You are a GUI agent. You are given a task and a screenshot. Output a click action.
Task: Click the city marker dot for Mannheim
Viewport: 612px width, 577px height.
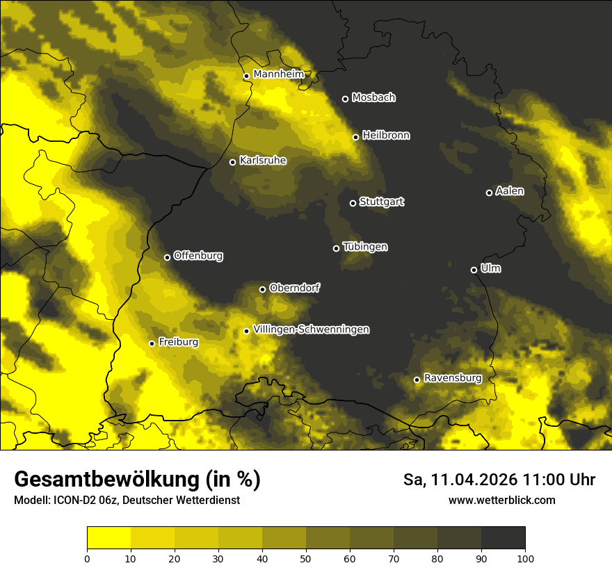(246, 76)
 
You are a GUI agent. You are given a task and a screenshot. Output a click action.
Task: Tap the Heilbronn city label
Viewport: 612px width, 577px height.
(386, 136)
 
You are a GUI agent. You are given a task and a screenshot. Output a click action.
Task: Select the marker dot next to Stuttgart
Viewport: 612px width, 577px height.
(353, 203)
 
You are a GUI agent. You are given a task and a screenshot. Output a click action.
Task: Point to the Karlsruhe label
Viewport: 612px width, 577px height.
(263, 161)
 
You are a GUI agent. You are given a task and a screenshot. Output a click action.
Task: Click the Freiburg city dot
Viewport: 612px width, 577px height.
(152, 343)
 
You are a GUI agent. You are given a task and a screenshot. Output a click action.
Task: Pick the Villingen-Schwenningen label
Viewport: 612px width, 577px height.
(312, 330)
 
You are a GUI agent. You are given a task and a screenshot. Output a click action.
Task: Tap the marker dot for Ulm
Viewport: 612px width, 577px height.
(474, 270)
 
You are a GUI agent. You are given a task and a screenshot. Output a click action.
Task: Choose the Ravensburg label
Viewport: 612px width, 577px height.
(453, 378)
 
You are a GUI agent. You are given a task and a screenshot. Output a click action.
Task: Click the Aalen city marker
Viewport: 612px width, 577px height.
(489, 193)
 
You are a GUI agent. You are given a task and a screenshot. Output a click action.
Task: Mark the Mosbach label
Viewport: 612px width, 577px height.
(373, 98)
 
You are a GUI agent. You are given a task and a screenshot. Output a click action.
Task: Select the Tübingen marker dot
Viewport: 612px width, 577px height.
(336, 248)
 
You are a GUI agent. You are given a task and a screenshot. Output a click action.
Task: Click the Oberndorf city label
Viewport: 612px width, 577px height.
(295, 288)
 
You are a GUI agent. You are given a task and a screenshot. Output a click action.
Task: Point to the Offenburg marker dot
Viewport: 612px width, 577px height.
(167, 257)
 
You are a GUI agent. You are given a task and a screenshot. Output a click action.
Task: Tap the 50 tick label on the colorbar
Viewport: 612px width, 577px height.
(306, 558)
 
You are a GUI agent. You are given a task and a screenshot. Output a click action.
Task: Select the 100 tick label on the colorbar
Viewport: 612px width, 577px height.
(525, 558)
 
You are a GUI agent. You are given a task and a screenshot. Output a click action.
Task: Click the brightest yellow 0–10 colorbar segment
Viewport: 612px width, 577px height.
(108, 538)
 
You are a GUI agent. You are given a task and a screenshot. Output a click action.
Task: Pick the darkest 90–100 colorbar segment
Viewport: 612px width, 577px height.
(503, 538)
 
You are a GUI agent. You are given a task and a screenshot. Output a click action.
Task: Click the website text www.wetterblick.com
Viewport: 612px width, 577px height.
(502, 501)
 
